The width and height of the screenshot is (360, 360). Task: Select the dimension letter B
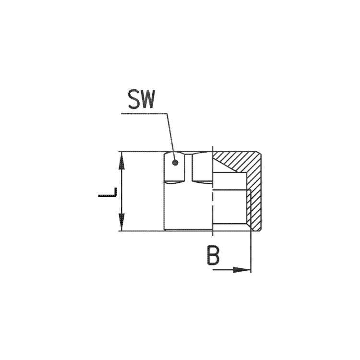tap(213, 255)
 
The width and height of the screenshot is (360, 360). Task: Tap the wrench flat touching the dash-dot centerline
tap(202, 168)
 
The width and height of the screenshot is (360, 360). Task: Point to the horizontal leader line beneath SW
tap(144, 113)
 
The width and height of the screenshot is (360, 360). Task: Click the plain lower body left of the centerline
tap(187, 206)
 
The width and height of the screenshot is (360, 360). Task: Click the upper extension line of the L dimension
tap(139, 153)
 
